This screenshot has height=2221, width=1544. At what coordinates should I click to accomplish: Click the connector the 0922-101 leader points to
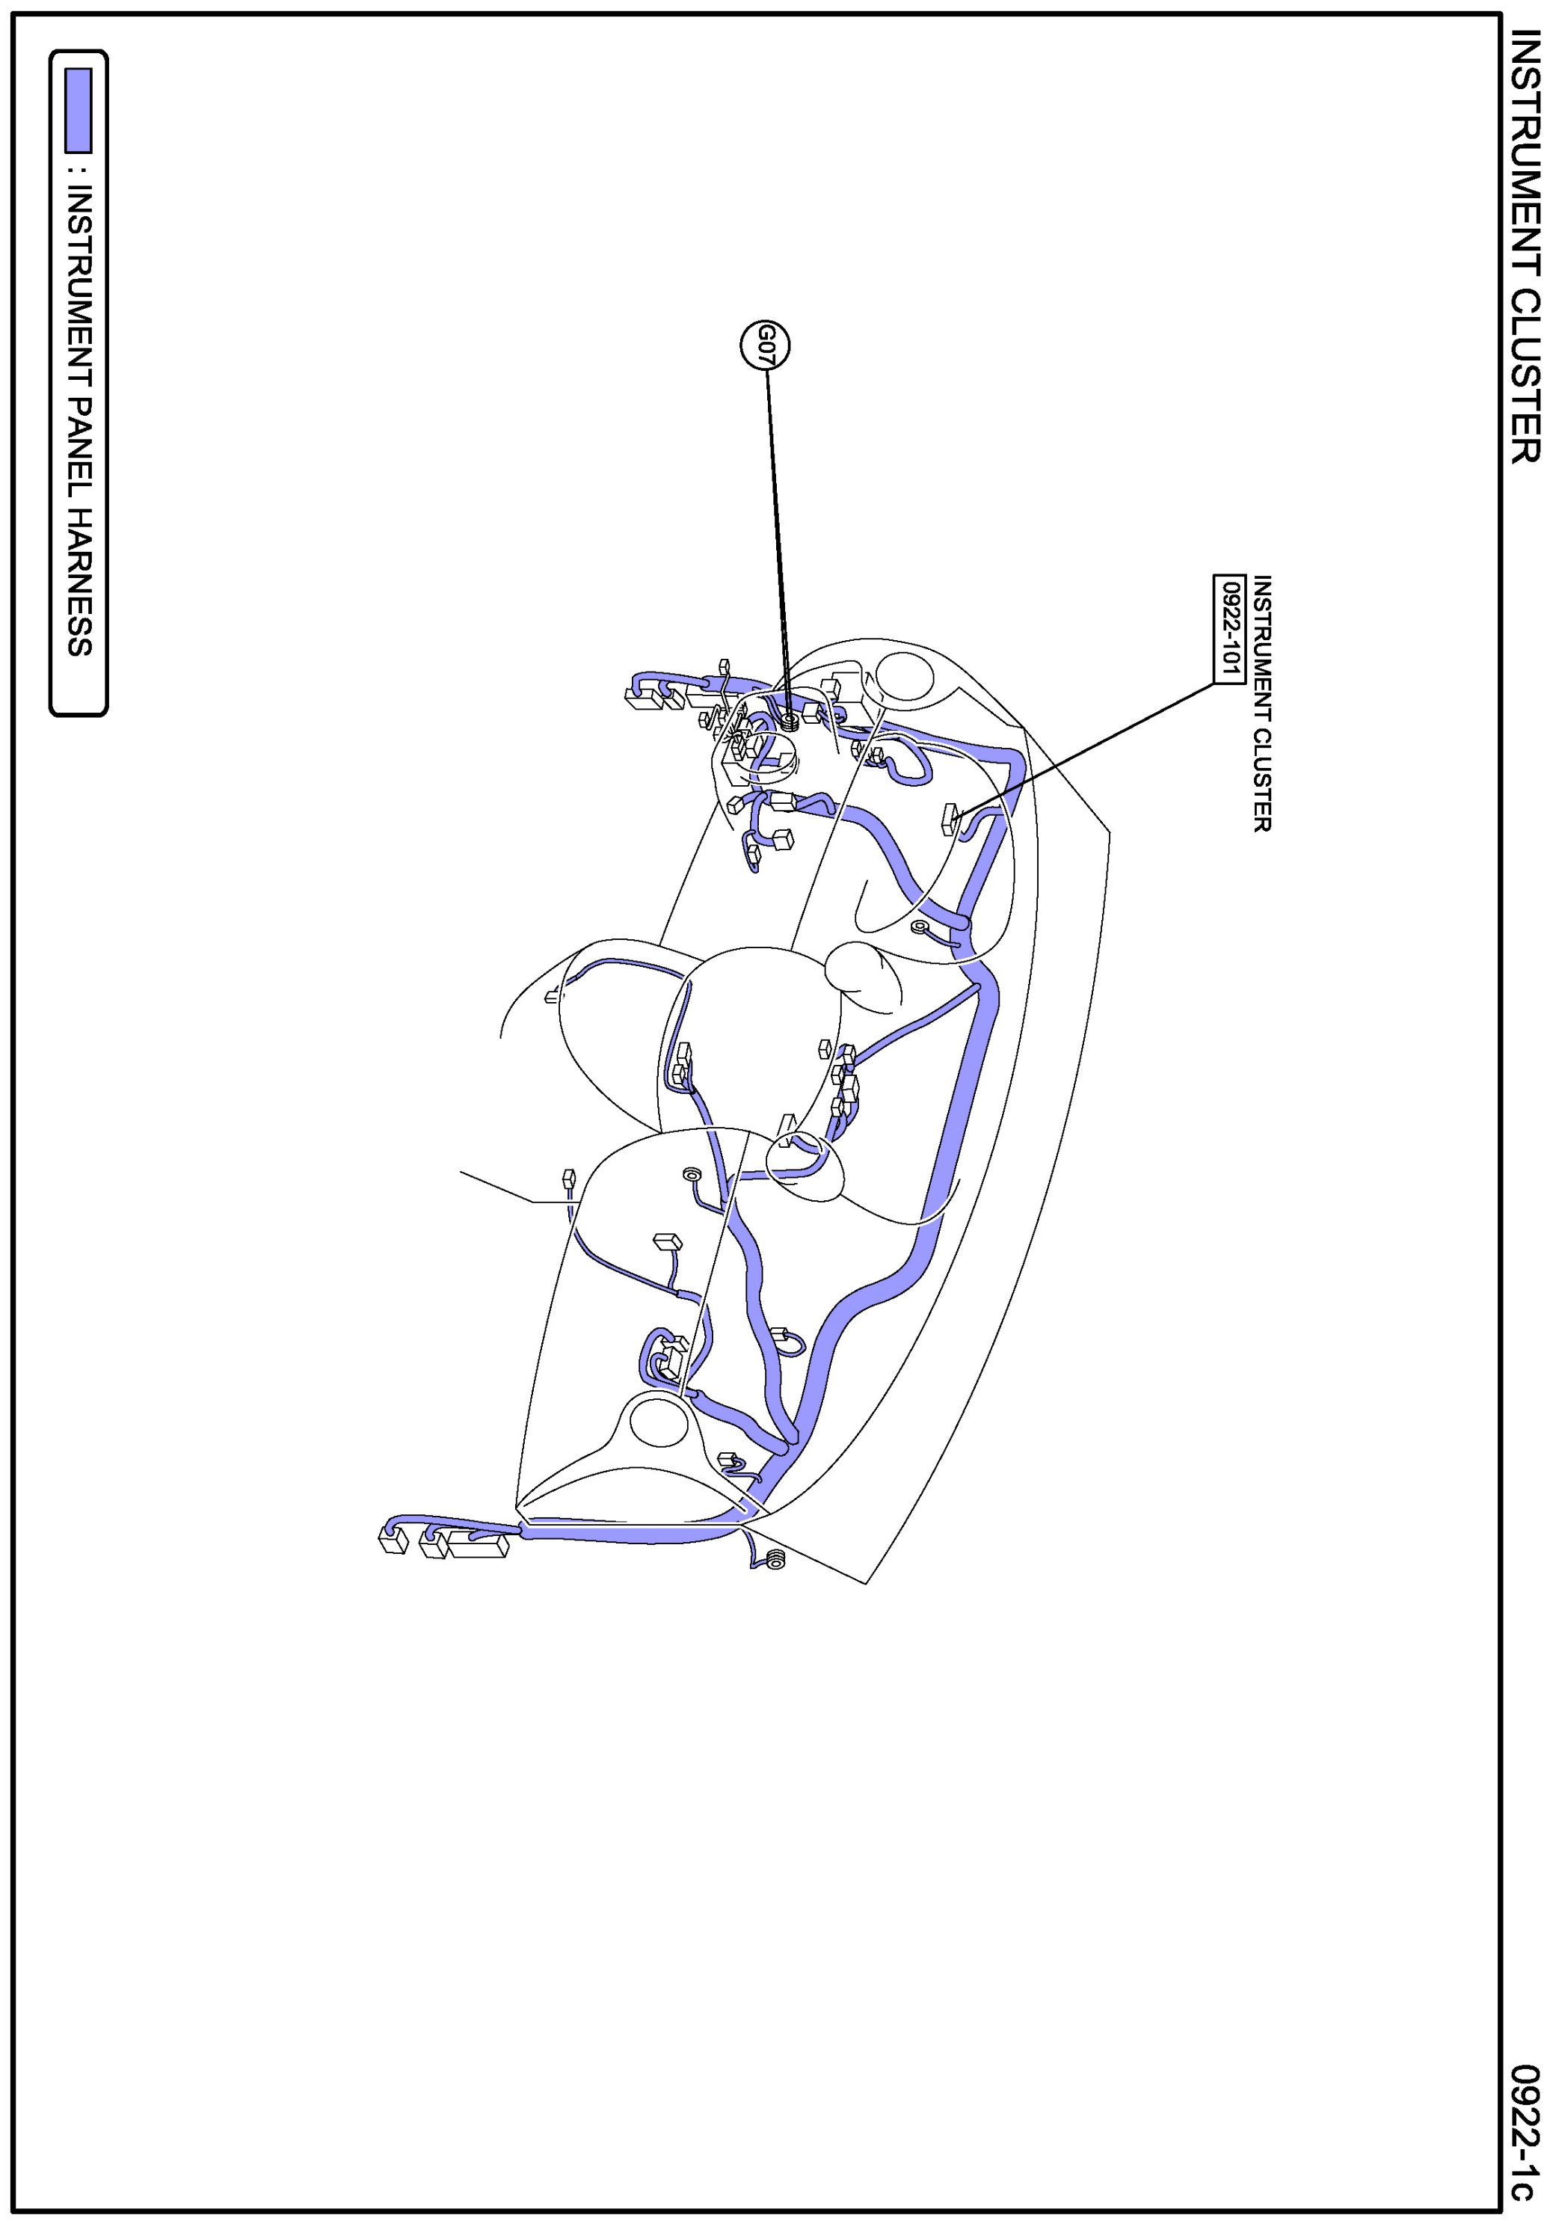(951, 818)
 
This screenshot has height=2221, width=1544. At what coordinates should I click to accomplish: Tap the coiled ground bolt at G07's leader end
(790, 719)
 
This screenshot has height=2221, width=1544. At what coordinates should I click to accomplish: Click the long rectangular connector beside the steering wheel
(478, 1544)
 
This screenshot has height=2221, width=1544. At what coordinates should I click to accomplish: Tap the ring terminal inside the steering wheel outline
(691, 1174)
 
